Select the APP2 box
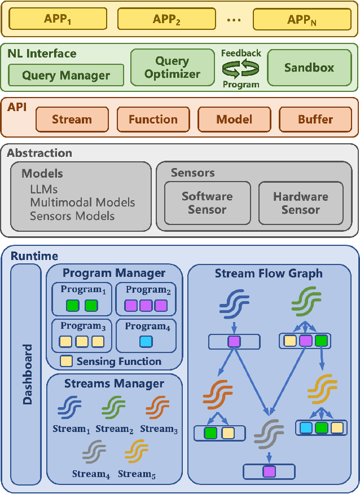tap(166, 19)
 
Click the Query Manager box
tap(66, 75)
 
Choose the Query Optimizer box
tap(172, 68)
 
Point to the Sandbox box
tap(309, 68)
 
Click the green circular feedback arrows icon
tap(240, 69)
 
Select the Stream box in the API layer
tap(72, 120)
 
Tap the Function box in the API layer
tap(153, 120)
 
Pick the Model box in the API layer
tap(234, 120)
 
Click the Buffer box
tap(315, 120)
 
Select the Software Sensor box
tap(207, 203)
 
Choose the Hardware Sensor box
tap(300, 203)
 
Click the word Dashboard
tap(27, 374)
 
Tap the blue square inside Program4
tap(146, 341)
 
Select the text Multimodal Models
tap(82, 202)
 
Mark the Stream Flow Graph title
tap(269, 274)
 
